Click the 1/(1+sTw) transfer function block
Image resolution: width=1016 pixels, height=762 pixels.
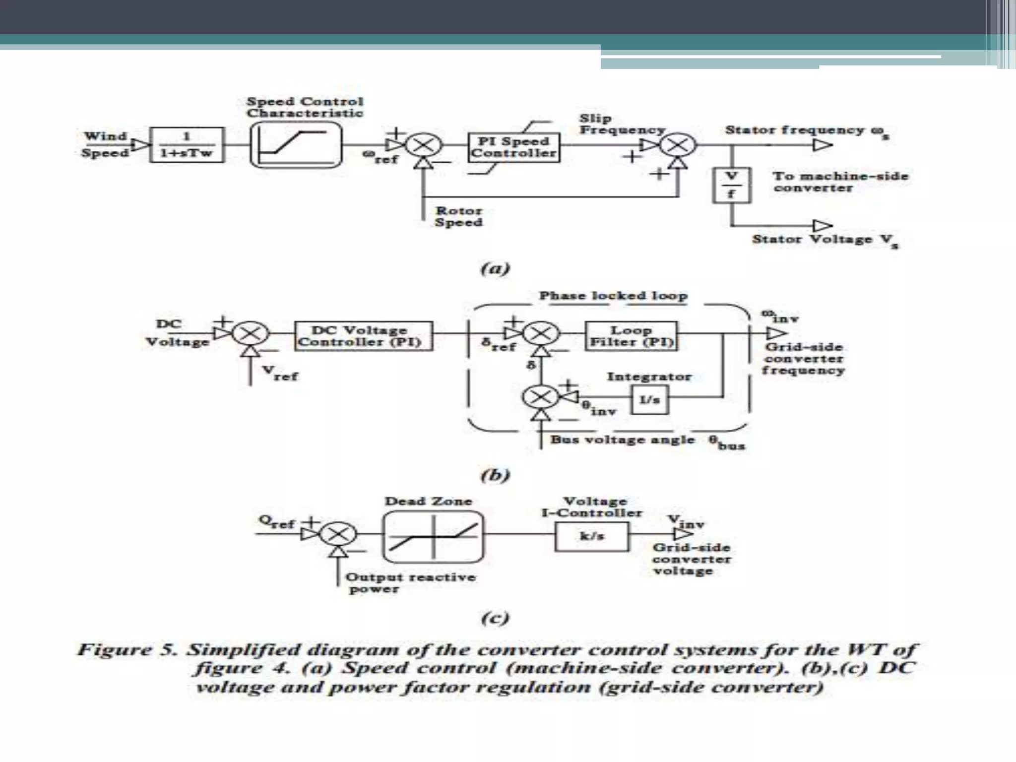pyautogui.click(x=187, y=145)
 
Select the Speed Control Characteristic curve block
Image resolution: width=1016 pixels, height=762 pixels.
pyautogui.click(x=296, y=145)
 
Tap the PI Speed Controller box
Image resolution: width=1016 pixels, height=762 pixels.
pyautogui.click(x=514, y=147)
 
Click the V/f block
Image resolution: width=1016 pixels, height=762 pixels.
pyautogui.click(x=731, y=185)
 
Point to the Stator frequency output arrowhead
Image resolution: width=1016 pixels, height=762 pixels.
pyautogui.click(x=822, y=145)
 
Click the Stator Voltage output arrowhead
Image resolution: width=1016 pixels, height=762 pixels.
pyautogui.click(x=822, y=226)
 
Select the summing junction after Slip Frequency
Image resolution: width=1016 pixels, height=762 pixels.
pyautogui.click(x=678, y=145)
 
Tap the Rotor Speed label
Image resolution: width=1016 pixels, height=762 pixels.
pyautogui.click(x=458, y=217)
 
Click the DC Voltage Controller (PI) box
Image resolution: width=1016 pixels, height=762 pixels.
pyautogui.click(x=363, y=336)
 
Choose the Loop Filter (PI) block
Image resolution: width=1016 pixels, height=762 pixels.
pyautogui.click(x=631, y=336)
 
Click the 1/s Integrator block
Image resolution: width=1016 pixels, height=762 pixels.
pyautogui.click(x=649, y=399)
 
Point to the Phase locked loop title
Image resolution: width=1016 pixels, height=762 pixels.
pyautogui.click(x=613, y=296)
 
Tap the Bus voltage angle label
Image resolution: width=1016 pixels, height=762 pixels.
pyautogui.click(x=622, y=440)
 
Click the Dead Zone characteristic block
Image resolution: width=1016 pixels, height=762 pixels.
pyautogui.click(x=433, y=537)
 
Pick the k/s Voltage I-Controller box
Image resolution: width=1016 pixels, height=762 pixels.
pyautogui.click(x=591, y=536)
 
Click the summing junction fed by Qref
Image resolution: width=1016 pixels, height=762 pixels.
pyautogui.click(x=338, y=534)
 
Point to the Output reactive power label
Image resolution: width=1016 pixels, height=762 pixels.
pyautogui.click(x=410, y=582)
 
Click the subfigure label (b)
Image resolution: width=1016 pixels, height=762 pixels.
pyautogui.click(x=495, y=475)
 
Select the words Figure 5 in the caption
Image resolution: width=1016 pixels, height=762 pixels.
pyautogui.click(x=127, y=649)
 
